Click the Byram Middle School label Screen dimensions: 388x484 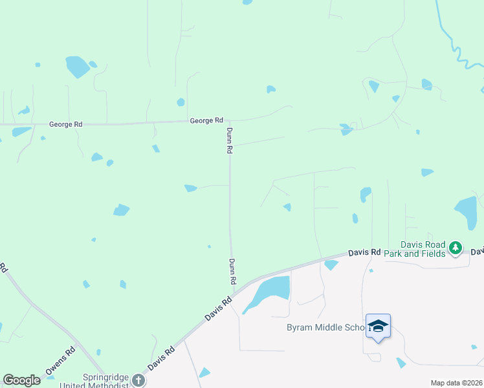326,327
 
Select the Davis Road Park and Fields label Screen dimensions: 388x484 423,249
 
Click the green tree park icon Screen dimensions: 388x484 456,247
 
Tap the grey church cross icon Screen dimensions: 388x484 138,380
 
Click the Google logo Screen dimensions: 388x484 21,380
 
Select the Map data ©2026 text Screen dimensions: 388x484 456,383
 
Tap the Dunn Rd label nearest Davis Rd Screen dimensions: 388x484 231,272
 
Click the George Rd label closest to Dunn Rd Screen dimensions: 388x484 206,120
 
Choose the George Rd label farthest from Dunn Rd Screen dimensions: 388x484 66,124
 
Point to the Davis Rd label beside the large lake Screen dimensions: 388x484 218,308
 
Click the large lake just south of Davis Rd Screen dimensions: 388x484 272,289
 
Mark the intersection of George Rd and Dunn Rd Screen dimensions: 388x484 228,120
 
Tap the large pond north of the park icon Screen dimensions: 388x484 466,211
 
